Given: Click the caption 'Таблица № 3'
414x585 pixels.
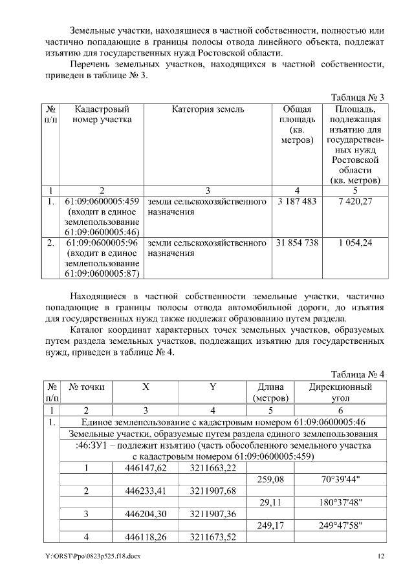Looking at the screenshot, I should (358, 97).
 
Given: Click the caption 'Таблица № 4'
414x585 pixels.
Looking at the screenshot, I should (358, 374).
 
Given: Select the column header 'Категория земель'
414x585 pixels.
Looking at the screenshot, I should (208, 109).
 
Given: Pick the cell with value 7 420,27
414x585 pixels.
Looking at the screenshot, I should (355, 202).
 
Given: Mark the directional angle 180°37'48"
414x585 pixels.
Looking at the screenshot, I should (340, 502).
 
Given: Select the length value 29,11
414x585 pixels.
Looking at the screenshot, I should (270, 502).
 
